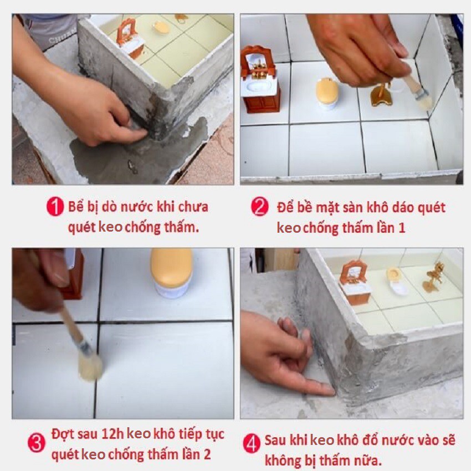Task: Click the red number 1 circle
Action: pos(55,206)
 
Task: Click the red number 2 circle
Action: pos(259,206)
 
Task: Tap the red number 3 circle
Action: pos(37,443)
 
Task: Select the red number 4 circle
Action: pos(252,444)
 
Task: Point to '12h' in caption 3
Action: pos(112,434)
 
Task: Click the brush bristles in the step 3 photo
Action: pos(90,367)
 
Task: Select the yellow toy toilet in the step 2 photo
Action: pos(327,93)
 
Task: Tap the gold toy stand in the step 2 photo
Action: pos(381,94)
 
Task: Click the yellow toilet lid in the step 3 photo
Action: pos(172,267)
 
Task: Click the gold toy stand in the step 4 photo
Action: pos(433,278)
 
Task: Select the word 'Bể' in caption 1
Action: pos(76,207)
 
